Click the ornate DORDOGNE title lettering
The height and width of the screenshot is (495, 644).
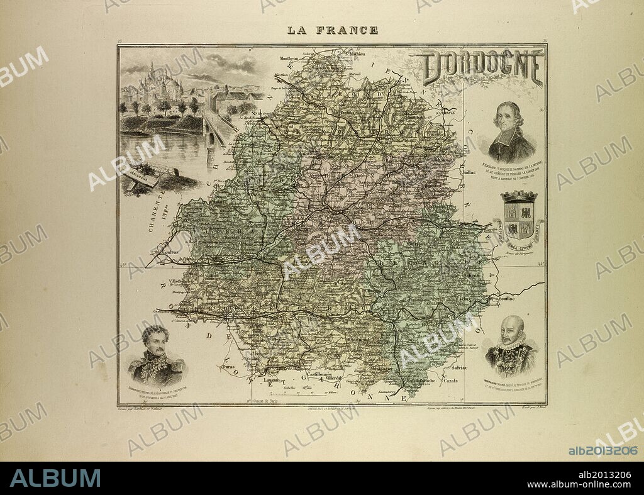482,67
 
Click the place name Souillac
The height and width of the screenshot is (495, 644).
503,300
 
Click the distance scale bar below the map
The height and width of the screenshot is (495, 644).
308,392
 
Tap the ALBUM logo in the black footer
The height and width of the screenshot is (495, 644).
55,478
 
